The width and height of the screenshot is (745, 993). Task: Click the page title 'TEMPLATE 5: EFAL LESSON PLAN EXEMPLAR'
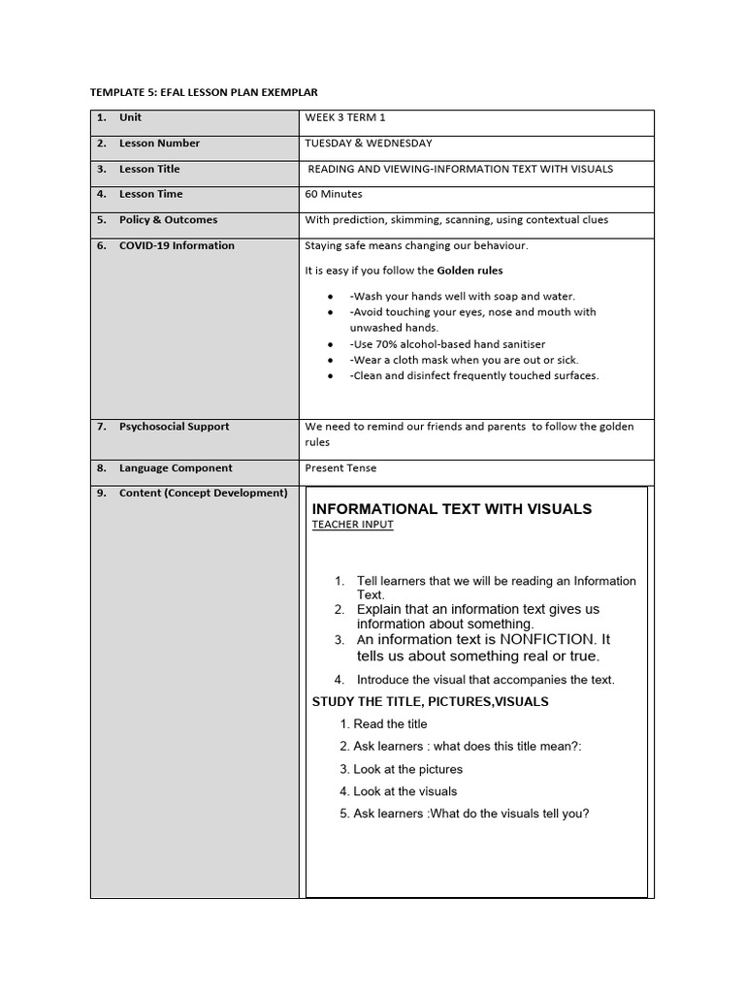pyautogui.click(x=204, y=92)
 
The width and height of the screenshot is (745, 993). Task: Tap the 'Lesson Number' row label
pyautogui.click(x=159, y=144)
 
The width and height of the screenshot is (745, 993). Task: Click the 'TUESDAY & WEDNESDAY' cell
pyautogui.click(x=369, y=144)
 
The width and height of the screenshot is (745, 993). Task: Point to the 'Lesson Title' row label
pyautogui.click(x=149, y=169)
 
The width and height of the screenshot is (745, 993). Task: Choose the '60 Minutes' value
pyautogui.click(x=333, y=194)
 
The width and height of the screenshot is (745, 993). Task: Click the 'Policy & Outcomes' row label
pyautogui.click(x=168, y=220)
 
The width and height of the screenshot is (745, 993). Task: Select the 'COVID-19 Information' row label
pyautogui.click(x=177, y=245)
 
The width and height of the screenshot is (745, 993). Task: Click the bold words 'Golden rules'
pyautogui.click(x=470, y=271)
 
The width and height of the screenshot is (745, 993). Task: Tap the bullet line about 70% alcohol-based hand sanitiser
pyautogui.click(x=447, y=344)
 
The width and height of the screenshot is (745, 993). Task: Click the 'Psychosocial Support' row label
pyautogui.click(x=174, y=427)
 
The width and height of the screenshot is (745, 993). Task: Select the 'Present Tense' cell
pyautogui.click(x=340, y=468)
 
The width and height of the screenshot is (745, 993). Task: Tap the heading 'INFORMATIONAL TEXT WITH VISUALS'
pyautogui.click(x=451, y=509)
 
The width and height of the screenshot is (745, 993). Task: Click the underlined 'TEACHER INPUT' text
pyautogui.click(x=352, y=525)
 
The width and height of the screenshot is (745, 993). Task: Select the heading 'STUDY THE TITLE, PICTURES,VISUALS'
pyautogui.click(x=430, y=702)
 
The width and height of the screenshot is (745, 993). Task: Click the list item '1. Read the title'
pyautogui.click(x=383, y=724)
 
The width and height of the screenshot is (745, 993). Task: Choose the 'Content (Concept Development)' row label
pyautogui.click(x=203, y=493)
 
